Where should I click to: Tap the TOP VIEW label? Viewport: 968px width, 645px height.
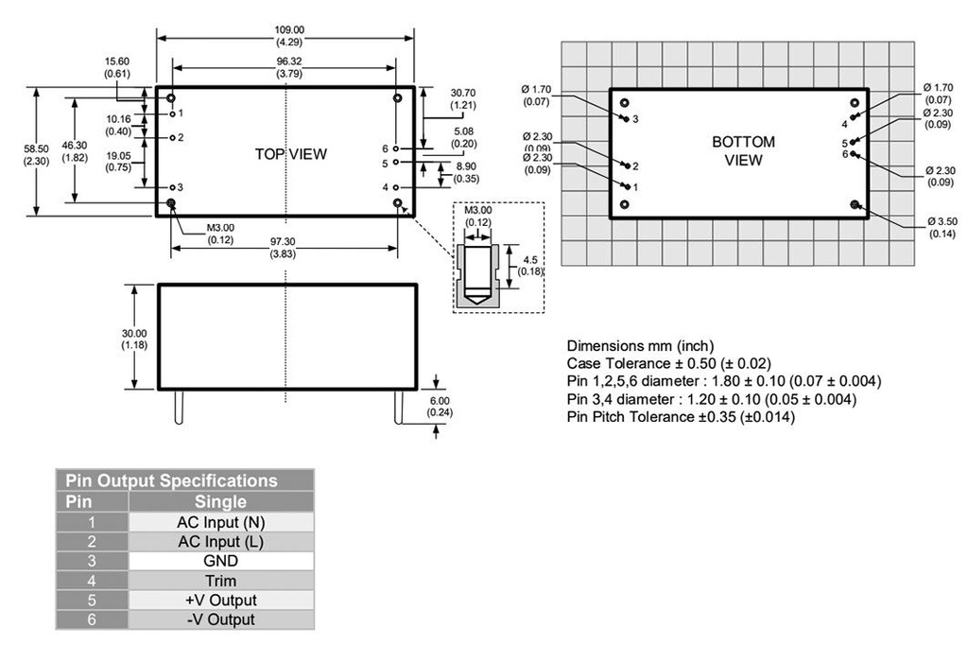[290, 154]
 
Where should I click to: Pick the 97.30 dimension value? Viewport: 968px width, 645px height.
[284, 242]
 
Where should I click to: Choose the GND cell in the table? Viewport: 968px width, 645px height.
[219, 561]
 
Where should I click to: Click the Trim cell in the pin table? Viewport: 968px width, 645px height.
[219, 581]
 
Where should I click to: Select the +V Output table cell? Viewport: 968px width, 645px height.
[219, 601]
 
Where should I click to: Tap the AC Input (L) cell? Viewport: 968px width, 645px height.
[219, 542]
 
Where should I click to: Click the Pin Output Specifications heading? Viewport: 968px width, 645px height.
[170, 480]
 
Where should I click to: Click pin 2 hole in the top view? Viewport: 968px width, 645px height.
[172, 137]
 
